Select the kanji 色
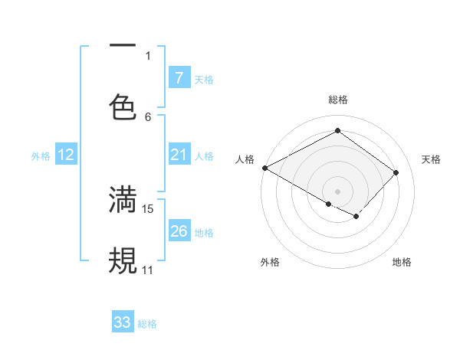pos(123,106)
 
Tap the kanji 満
pos(123,198)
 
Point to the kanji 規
pos(123,260)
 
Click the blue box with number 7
pos(179,78)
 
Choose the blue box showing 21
pos(179,155)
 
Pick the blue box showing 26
pos(179,231)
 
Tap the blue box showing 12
pos(66,155)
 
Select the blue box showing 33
pos(123,322)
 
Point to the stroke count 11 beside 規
pos(148,270)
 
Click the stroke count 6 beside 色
pos(148,116)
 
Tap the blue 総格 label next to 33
pos(148,324)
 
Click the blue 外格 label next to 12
pos(41,156)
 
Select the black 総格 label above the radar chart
pos(337,100)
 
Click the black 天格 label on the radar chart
pos(432,159)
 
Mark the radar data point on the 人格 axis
pos(264,168)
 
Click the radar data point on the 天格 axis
pos(396,172)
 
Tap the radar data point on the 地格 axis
pos(356,217)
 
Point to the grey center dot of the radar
pos(337,191)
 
